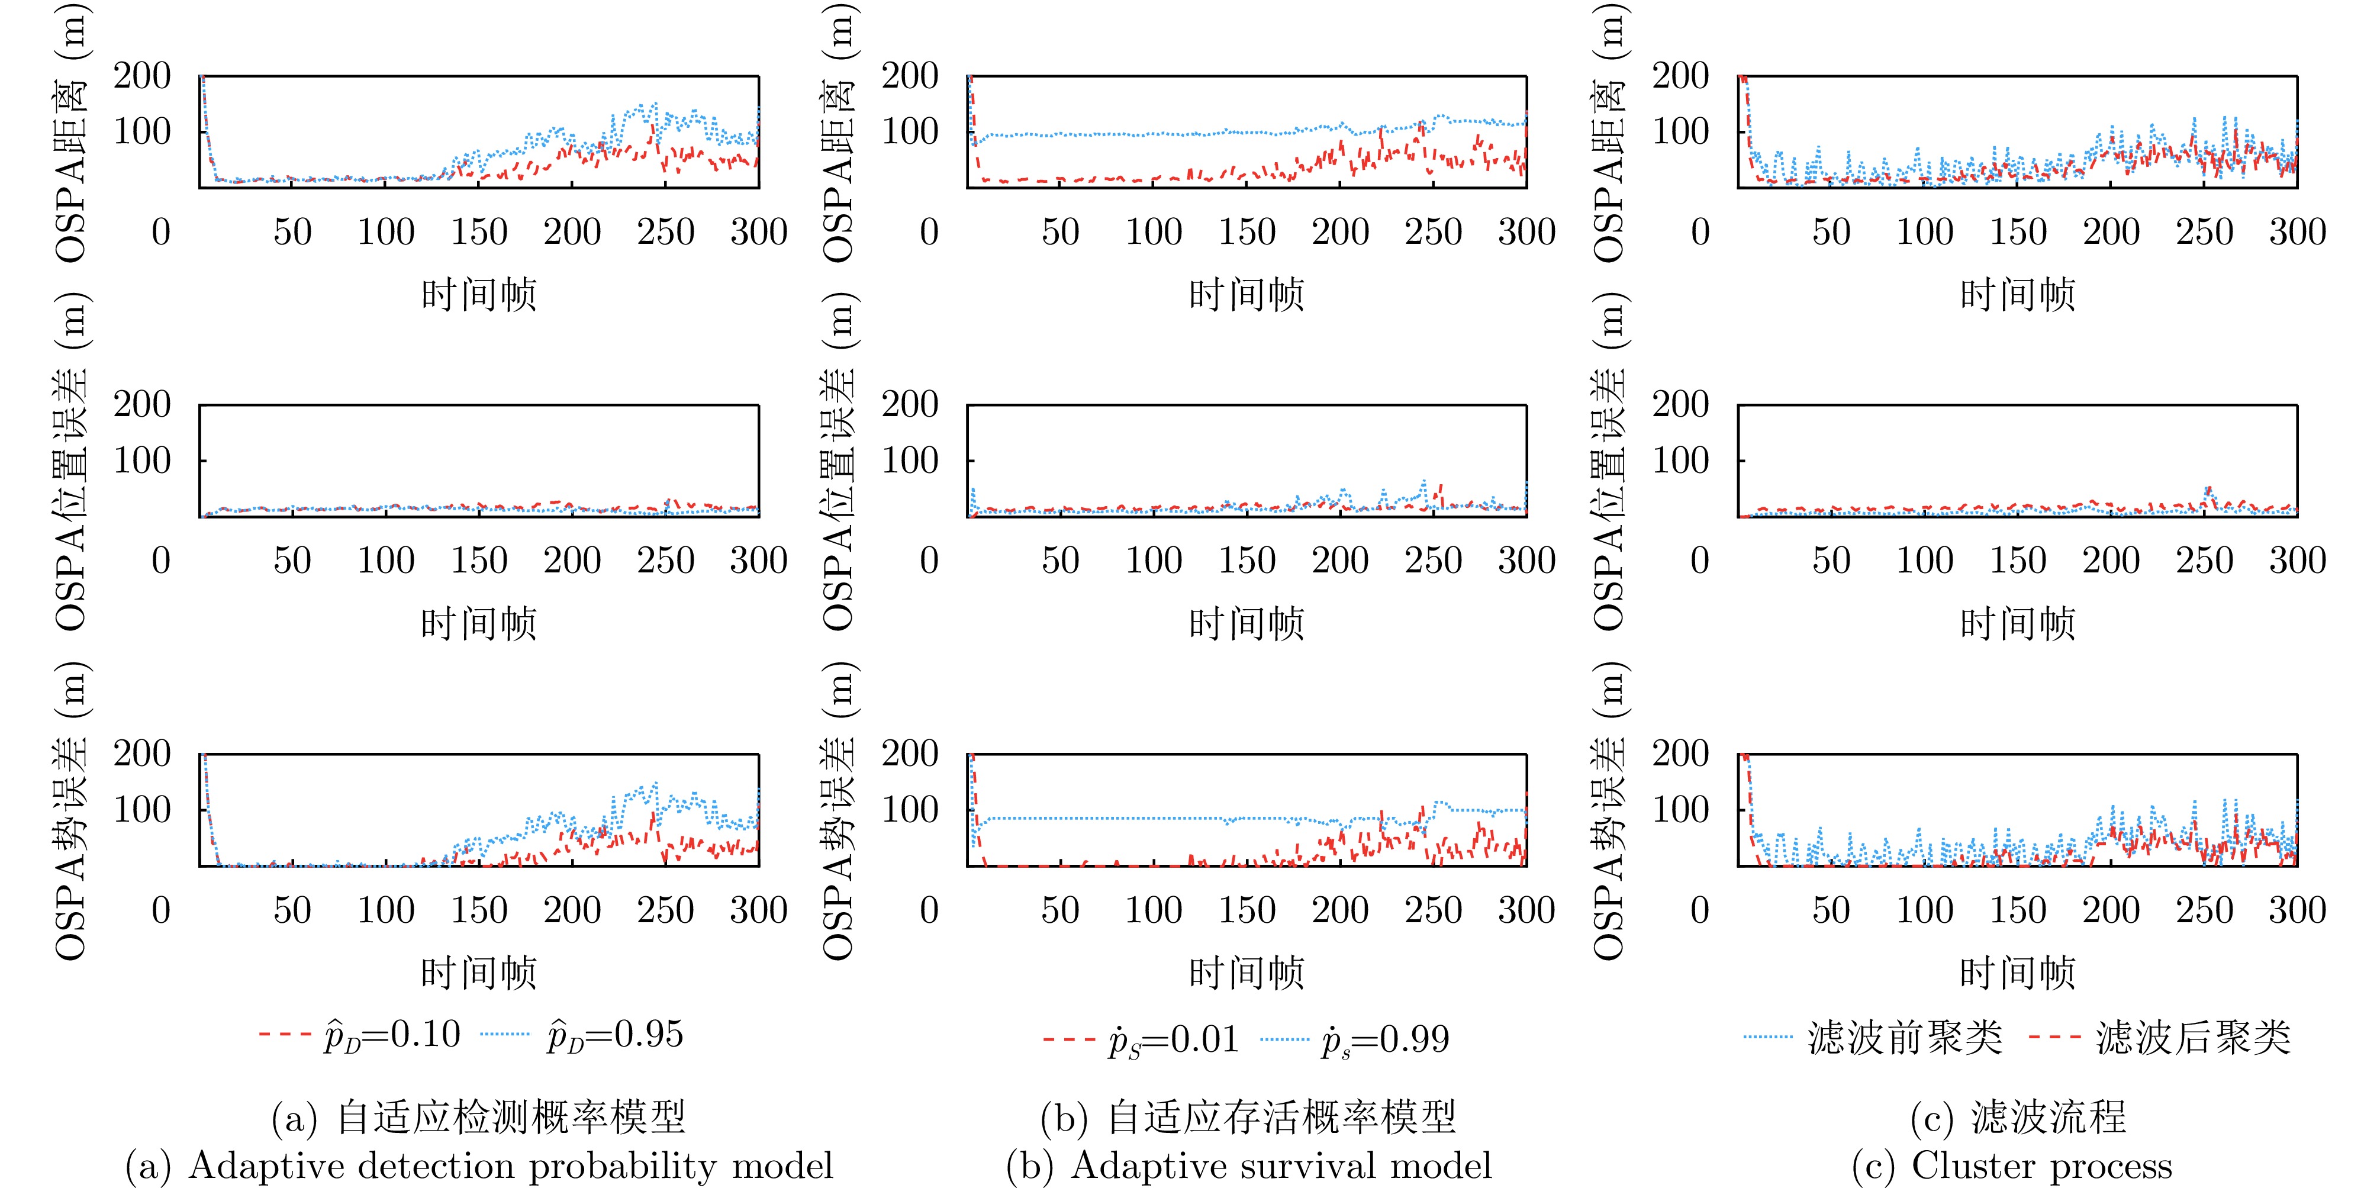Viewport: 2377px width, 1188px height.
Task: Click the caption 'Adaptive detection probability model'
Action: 479,1165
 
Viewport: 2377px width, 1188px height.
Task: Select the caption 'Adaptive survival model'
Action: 1248,1165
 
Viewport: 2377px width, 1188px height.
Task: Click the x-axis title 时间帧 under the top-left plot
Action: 479,294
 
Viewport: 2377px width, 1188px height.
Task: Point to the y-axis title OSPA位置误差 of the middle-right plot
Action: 1609,462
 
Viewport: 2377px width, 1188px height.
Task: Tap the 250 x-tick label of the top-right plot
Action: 2204,231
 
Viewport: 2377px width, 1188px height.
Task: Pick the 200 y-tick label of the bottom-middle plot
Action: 910,754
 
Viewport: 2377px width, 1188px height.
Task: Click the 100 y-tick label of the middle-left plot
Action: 142,461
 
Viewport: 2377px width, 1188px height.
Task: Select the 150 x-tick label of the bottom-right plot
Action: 2018,910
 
